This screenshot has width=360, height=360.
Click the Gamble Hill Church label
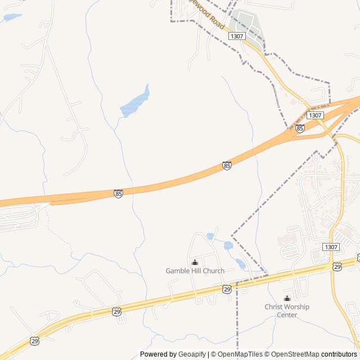[x=195, y=271]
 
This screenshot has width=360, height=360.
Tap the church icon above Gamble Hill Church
[x=195, y=262]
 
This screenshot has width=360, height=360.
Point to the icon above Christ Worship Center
[x=287, y=298]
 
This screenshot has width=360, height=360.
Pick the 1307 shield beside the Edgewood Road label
[x=237, y=35]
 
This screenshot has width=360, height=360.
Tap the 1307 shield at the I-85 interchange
[x=316, y=115]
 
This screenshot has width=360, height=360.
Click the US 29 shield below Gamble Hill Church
[x=226, y=289]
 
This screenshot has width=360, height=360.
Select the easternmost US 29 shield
[x=336, y=266]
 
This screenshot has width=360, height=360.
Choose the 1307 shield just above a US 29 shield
[x=331, y=247]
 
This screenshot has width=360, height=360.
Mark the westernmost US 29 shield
[x=35, y=341]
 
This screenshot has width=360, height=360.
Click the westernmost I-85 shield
[x=118, y=193]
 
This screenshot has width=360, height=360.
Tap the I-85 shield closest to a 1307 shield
[x=300, y=128]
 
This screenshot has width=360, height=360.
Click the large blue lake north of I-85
[x=135, y=102]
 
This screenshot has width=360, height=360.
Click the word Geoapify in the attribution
[x=192, y=354]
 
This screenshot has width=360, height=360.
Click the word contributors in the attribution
[x=339, y=354]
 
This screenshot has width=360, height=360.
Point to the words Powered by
[x=158, y=354]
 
